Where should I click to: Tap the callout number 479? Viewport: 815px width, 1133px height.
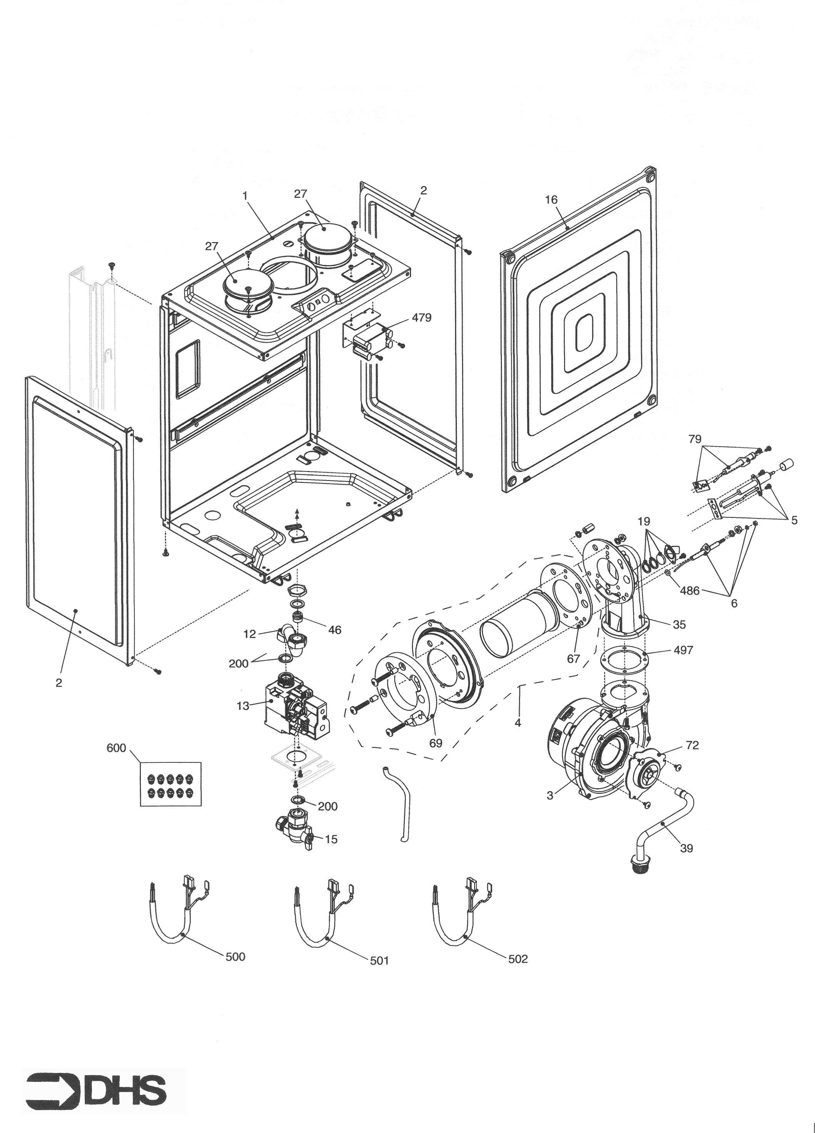click(421, 317)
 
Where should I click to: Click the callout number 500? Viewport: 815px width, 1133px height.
click(235, 956)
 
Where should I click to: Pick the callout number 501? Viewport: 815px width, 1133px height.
click(379, 960)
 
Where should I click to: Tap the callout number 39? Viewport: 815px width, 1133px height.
click(686, 848)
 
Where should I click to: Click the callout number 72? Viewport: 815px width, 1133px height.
click(693, 745)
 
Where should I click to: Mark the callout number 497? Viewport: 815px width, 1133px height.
click(683, 650)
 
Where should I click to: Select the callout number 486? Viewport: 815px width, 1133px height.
click(690, 590)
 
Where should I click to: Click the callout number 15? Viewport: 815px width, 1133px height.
click(331, 839)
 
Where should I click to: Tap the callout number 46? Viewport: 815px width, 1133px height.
click(335, 630)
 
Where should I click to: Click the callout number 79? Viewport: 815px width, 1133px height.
click(695, 439)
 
